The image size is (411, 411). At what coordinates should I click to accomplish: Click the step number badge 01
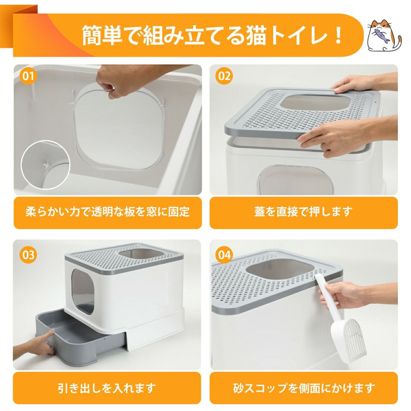pyautogui.click(x=28, y=76)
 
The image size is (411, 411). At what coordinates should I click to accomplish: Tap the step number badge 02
pyautogui.click(x=224, y=76)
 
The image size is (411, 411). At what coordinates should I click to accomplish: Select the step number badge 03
pyautogui.click(x=28, y=255)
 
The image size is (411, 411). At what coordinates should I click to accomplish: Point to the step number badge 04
pyautogui.click(x=224, y=255)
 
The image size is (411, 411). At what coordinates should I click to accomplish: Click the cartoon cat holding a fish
pyautogui.click(x=384, y=35)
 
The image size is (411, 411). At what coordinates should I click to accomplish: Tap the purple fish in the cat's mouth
pyautogui.click(x=382, y=36)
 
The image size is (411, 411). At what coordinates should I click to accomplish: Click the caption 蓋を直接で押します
pyautogui.click(x=303, y=212)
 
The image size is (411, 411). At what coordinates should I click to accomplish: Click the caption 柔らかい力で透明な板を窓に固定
pyautogui.click(x=108, y=212)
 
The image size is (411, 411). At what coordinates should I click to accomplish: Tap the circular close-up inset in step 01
pyautogui.click(x=45, y=165)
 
